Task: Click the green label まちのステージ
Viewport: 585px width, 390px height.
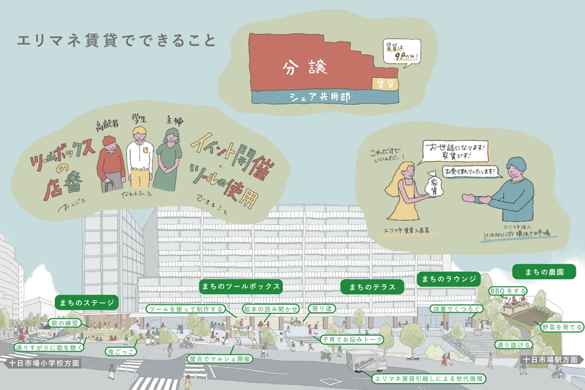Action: tap(87, 303)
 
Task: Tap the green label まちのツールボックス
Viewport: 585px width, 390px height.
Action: tap(241, 286)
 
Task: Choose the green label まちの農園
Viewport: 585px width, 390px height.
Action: tap(545, 272)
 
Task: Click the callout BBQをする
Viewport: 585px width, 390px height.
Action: tap(508, 291)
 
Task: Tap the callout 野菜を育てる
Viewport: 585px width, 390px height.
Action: tap(562, 326)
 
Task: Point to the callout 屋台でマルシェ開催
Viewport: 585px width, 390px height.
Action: tap(218, 359)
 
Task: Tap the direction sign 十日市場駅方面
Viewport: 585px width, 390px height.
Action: tap(550, 359)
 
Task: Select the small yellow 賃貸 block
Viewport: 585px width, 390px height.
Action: tap(385, 83)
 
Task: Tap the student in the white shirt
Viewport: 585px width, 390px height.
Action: tap(139, 156)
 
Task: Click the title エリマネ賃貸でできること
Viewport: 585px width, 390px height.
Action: tap(117, 42)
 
